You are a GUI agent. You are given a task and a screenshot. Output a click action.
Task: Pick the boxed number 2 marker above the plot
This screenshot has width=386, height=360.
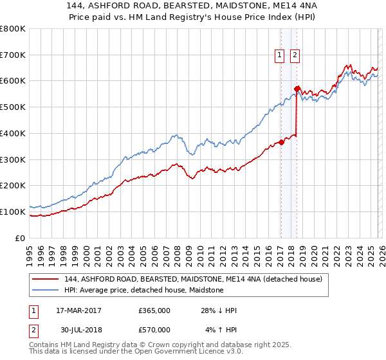pyautogui.click(x=295, y=56)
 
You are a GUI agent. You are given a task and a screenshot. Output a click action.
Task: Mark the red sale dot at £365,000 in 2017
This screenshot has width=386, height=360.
pyautogui.click(x=281, y=143)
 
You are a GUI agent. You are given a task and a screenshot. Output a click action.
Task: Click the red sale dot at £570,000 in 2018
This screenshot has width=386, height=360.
pyautogui.click(x=297, y=89)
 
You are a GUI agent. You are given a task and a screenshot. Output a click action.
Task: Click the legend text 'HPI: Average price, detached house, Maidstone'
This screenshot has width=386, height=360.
pyautogui.click(x=143, y=290)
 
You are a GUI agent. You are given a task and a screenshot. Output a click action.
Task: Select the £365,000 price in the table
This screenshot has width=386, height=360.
pyautogui.click(x=154, y=310)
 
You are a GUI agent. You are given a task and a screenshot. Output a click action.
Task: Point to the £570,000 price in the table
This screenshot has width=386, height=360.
pyautogui.click(x=154, y=330)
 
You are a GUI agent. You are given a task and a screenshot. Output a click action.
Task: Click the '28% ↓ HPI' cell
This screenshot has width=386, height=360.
pyautogui.click(x=219, y=310)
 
